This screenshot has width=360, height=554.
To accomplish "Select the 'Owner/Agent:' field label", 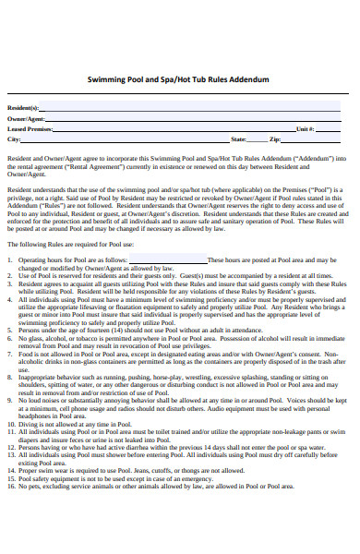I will click(x=27, y=119).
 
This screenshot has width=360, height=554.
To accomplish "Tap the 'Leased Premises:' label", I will click(x=30, y=129).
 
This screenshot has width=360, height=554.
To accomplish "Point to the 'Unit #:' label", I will click(x=306, y=129).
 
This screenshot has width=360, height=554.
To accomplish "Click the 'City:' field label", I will click(x=14, y=139).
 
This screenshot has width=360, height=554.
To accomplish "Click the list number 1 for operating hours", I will click(x=10, y=260).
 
